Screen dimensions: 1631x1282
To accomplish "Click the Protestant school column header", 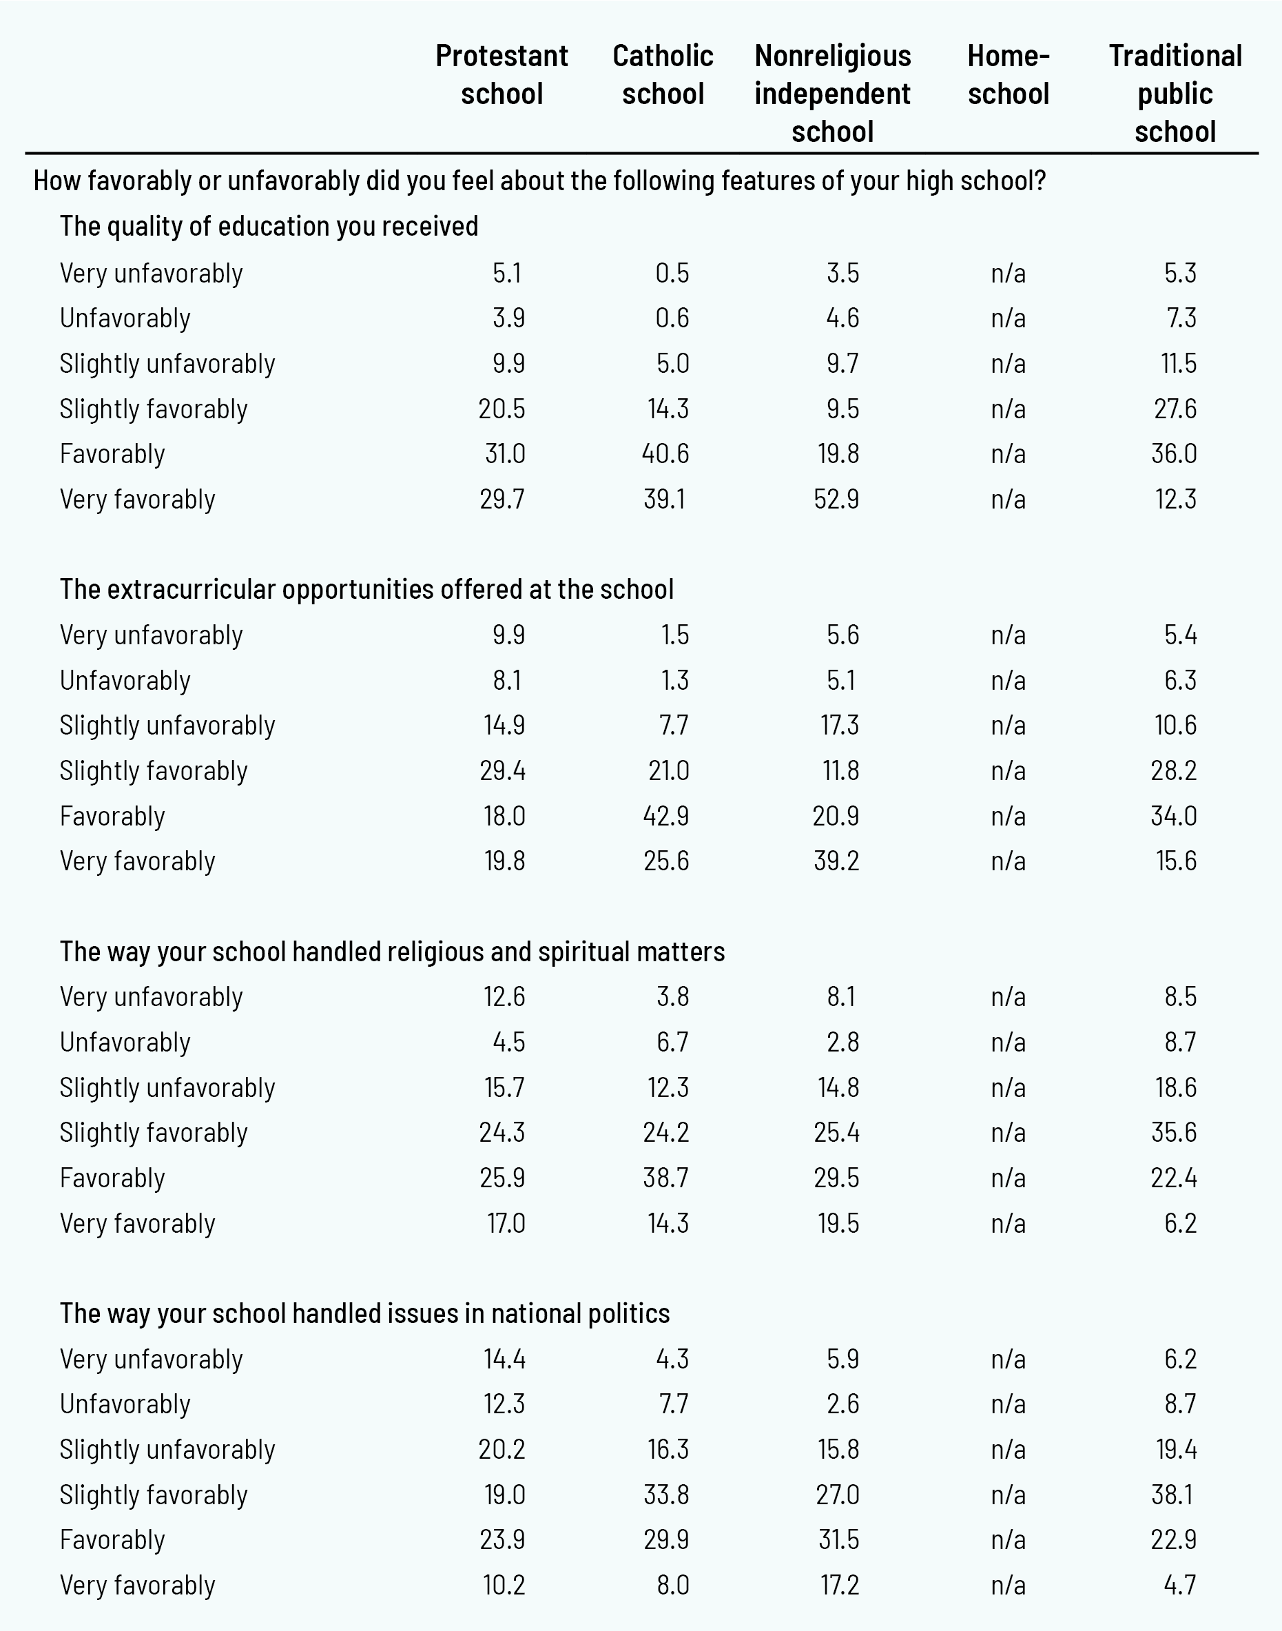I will pyautogui.click(x=502, y=75).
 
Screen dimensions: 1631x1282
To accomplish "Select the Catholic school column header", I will pyautogui.click(x=663, y=75).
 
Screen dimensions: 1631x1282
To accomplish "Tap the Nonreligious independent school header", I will pyautogui.click(x=832, y=94).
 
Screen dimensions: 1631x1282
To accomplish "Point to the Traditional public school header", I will pyautogui.click(x=1175, y=94).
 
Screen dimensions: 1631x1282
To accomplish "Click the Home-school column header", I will pyautogui.click(x=1008, y=75).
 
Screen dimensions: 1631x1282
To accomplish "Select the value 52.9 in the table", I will pyautogui.click(x=836, y=499).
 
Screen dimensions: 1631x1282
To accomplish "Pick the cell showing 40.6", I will pyautogui.click(x=665, y=453).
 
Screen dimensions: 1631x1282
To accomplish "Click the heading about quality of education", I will pyautogui.click(x=269, y=226).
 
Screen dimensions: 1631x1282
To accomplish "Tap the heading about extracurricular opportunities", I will pyautogui.click(x=366, y=589).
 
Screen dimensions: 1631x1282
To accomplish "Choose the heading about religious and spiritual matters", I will pyautogui.click(x=392, y=951).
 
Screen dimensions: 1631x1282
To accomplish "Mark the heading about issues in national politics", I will pyautogui.click(x=365, y=1313).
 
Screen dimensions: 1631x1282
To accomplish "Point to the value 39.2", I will pyautogui.click(x=836, y=861).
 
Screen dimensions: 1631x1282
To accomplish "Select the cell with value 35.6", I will pyautogui.click(x=1174, y=1132).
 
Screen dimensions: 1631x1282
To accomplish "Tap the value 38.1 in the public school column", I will pyautogui.click(x=1172, y=1495).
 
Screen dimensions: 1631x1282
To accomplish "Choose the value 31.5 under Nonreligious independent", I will pyautogui.click(x=838, y=1539).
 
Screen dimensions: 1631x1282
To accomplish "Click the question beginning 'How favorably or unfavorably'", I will pyautogui.click(x=539, y=181).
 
